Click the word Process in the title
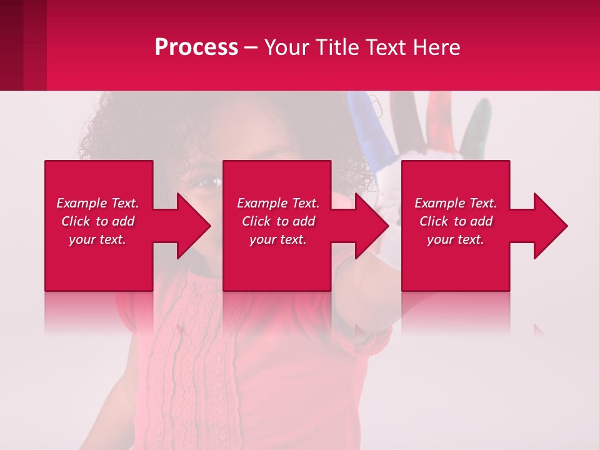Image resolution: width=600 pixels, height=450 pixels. click(x=196, y=47)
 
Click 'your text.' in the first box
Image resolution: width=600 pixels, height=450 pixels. click(x=97, y=239)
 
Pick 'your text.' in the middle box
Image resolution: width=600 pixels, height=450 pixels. click(x=278, y=239)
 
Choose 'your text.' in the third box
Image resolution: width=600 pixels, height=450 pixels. click(x=456, y=239)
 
